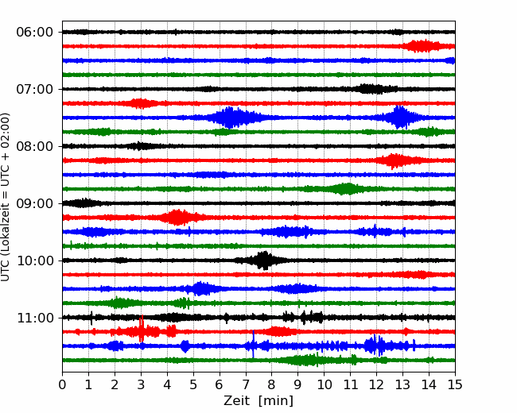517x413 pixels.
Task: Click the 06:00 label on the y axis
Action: pos(35,33)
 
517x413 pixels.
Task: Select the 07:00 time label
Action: pos(35,89)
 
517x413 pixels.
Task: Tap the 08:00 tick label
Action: pos(35,146)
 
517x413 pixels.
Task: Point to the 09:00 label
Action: pos(35,203)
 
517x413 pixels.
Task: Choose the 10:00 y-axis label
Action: pos(35,261)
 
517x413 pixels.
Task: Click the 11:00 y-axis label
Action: pos(35,318)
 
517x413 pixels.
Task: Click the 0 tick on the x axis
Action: pos(62,384)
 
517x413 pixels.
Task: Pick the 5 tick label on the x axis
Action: pos(193,384)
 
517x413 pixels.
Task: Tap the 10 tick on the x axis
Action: pos(324,384)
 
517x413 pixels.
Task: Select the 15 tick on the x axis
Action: pos(455,384)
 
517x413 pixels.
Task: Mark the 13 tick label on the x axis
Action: pos(402,384)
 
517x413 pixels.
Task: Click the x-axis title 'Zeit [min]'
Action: pos(258,401)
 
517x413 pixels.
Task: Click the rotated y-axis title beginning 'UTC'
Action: pos(5,197)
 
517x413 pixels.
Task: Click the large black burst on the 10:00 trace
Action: pos(263,261)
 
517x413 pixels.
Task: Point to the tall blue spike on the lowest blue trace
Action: pos(253,344)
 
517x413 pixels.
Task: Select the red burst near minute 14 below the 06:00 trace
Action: pos(424,46)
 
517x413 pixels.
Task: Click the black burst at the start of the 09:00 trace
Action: pos(83,203)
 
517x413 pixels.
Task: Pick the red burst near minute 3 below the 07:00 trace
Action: pos(141,103)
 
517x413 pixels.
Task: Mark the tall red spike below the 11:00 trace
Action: pos(142,329)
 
